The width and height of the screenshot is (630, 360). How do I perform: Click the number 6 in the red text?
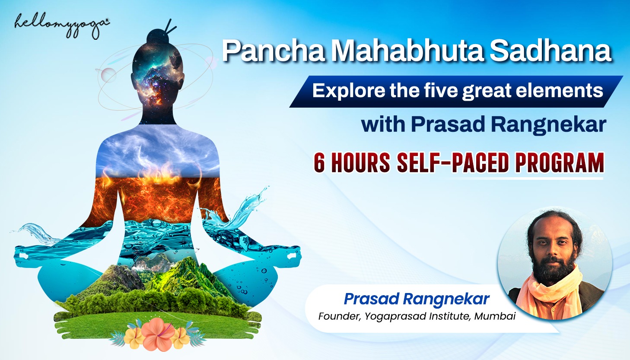coord(319,163)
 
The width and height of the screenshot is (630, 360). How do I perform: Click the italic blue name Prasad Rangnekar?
coord(417,299)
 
